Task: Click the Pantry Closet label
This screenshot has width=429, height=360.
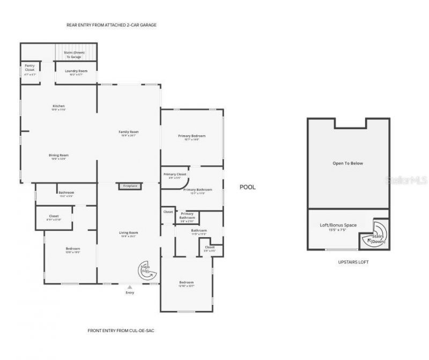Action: click(29, 68)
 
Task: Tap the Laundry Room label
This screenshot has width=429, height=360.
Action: click(76, 71)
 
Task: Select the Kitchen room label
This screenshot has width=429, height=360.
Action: click(58, 106)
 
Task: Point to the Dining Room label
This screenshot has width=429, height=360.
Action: click(60, 156)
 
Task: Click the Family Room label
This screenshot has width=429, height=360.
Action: click(129, 132)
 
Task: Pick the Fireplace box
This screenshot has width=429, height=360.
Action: click(130, 186)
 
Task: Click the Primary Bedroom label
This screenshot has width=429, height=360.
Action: click(192, 136)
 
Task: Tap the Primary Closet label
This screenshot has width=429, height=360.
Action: click(175, 175)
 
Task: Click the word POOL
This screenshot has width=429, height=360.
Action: click(247, 187)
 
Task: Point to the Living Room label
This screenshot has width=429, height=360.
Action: click(129, 233)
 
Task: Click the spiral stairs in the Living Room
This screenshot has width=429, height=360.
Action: click(146, 272)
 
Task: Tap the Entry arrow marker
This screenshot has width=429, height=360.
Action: click(130, 288)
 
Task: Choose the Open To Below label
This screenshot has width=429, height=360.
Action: click(347, 163)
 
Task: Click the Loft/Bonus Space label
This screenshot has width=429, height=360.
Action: click(338, 225)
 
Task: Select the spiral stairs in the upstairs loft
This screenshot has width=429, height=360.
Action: click(377, 238)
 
